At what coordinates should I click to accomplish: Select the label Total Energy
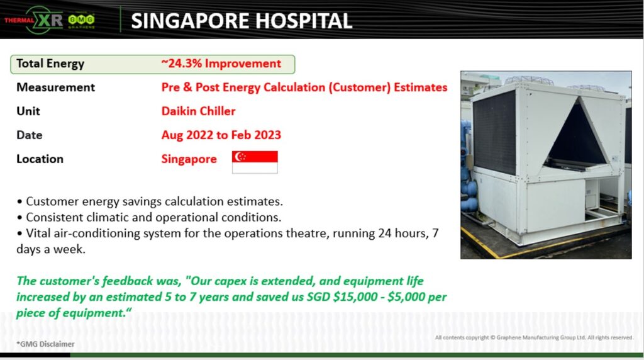[50, 64]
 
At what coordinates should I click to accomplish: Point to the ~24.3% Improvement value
[221, 64]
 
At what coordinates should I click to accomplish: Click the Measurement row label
[56, 87]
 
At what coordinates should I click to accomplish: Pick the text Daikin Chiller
[198, 111]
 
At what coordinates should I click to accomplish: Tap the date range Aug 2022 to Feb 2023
[221, 135]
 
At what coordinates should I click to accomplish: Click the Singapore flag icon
[255, 162]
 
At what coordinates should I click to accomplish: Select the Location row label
[40, 159]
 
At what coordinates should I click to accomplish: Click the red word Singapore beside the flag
[189, 159]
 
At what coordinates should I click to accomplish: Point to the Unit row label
[28, 111]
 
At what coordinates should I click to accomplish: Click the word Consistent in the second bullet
[54, 217]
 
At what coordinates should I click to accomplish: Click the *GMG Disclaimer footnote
[45, 344]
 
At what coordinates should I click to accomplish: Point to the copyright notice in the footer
[534, 338]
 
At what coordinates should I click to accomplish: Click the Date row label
[30, 135]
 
